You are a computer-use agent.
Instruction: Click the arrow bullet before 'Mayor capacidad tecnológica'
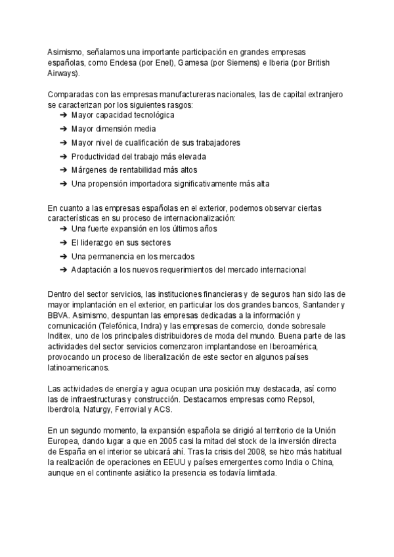(63, 115)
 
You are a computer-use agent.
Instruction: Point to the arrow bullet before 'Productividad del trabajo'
(63, 156)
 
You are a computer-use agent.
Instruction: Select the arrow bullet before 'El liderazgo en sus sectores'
(63, 242)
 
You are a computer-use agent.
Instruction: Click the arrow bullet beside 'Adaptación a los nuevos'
(63, 270)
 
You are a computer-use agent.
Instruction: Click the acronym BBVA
(59, 316)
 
